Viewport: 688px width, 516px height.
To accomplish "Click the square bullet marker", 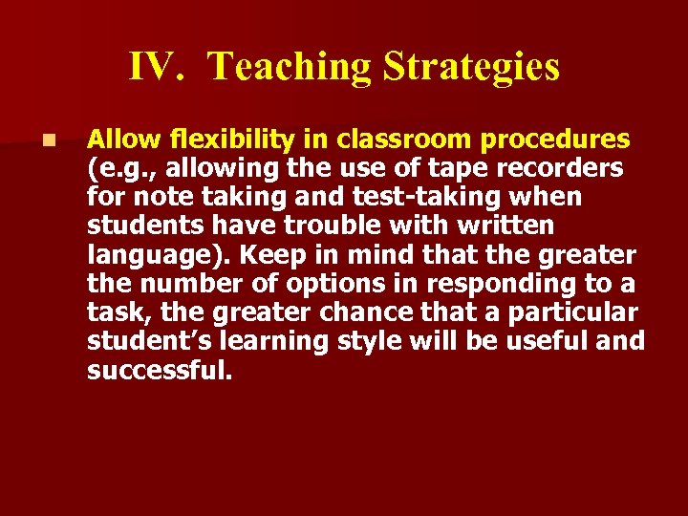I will [x=49, y=140].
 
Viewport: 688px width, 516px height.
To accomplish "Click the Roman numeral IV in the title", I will [x=156, y=67].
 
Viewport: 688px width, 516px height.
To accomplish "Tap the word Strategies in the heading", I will [x=471, y=67].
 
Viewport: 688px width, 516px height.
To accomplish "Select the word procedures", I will [x=555, y=140].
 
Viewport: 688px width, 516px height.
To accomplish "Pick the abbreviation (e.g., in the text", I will [x=120, y=169].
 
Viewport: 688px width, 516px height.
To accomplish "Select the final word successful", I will [x=160, y=370].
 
